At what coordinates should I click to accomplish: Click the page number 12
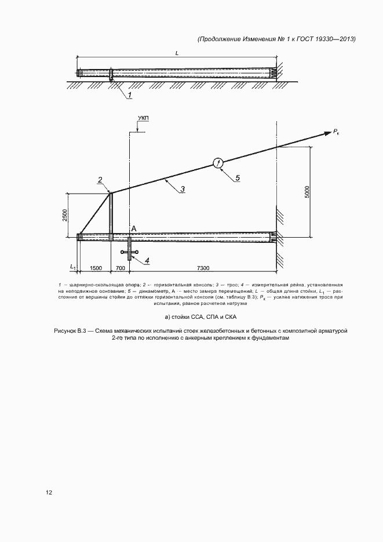[x=49, y=493]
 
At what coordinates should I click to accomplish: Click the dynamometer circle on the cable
[x=218, y=163]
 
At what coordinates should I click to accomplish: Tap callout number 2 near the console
[x=100, y=180]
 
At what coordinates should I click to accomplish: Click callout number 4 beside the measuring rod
[x=147, y=261]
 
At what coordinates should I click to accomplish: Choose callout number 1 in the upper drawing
[x=130, y=94]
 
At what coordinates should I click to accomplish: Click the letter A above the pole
[x=134, y=229]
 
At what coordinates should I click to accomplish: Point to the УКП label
[x=143, y=119]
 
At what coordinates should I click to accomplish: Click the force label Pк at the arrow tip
[x=337, y=133]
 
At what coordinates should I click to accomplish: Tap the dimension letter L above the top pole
[x=177, y=53]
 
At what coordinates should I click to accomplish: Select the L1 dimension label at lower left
[x=73, y=267]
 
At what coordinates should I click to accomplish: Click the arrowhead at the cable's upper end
[x=326, y=133]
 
